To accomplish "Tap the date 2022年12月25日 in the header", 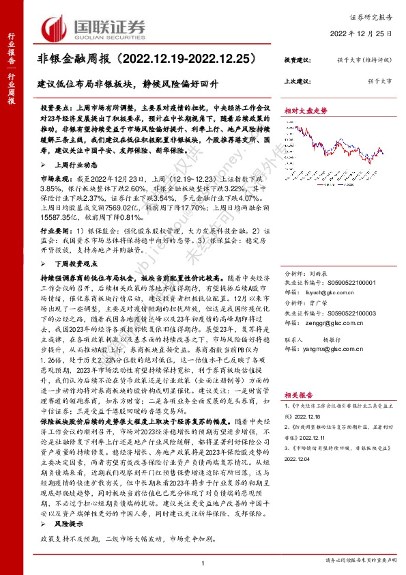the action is (368, 33).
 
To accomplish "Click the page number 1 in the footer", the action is (204, 562).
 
